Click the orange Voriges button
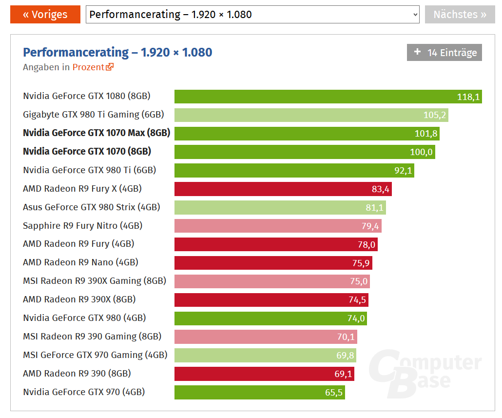coord(45,14)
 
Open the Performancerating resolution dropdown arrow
coord(415,15)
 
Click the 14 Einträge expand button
coord(444,53)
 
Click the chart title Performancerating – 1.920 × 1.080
coord(117,52)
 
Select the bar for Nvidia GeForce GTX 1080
coord(328,97)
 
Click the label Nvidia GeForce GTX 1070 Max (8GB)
coord(97,133)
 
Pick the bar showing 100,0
coord(304,152)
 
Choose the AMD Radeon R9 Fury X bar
coord(283,189)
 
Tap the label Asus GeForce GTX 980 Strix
coord(92,207)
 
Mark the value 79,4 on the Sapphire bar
coord(370,226)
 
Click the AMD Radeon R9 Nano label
coord(80,262)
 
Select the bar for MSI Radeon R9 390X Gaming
coord(272,281)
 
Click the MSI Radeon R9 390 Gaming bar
coord(266,337)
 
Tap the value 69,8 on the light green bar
coord(345,356)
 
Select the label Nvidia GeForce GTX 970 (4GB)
coord(84,392)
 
